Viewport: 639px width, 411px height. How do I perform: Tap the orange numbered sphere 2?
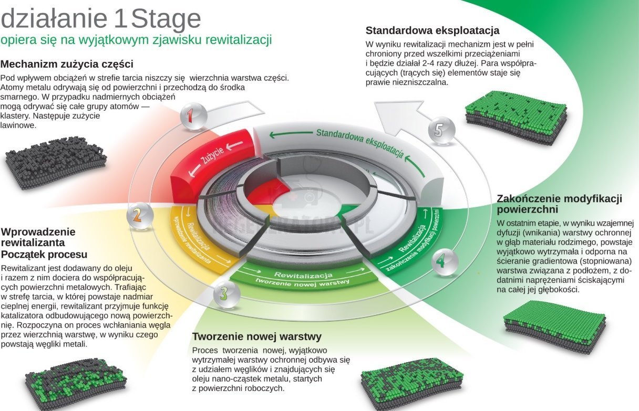pos(139,215)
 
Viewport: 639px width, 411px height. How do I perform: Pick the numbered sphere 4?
pos(445,262)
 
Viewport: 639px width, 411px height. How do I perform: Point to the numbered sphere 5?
pos(441,130)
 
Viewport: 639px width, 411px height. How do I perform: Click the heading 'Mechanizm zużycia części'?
pos(67,64)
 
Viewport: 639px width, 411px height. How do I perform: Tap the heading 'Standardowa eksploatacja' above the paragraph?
pos(432,30)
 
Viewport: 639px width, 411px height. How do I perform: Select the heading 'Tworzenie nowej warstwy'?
pos(257,336)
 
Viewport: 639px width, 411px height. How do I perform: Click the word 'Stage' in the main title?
pos(166,19)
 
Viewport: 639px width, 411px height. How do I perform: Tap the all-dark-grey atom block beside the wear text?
pos(56,163)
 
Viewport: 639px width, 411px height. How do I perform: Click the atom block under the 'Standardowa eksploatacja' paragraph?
pos(516,117)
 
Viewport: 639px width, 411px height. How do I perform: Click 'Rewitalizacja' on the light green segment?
pos(303,275)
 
